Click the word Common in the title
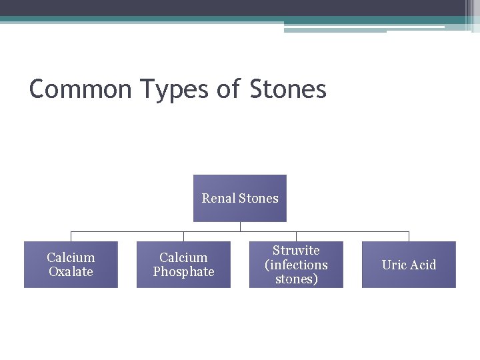click(81, 89)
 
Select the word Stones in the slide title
click(288, 89)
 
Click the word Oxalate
click(71, 272)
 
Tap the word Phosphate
click(183, 272)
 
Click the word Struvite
click(296, 251)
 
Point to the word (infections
click(296, 265)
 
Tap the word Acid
click(422, 265)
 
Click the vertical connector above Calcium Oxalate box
click(71, 236)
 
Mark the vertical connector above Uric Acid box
click(409, 236)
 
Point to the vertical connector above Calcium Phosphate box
click(183, 236)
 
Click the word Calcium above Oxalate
click(71, 257)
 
